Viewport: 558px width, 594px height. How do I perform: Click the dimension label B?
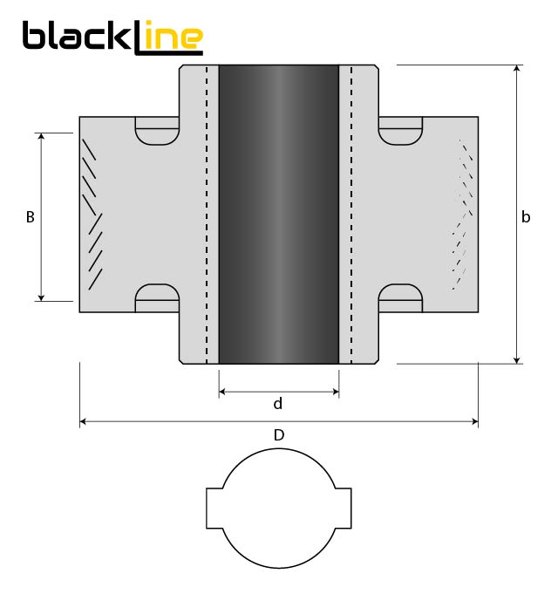(x=30, y=217)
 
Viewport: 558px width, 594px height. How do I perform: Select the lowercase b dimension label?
(x=526, y=217)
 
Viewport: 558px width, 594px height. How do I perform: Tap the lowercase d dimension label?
(x=278, y=404)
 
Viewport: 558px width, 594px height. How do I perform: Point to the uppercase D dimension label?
(x=278, y=434)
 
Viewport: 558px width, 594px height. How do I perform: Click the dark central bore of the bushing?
(x=278, y=214)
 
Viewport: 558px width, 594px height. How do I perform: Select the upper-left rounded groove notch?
(x=158, y=134)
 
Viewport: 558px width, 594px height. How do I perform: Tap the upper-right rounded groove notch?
(x=400, y=134)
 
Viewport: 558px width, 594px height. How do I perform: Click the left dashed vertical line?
(x=207, y=214)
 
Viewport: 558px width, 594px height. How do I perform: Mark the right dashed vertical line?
(x=350, y=214)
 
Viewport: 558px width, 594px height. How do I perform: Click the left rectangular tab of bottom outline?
(x=214, y=509)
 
